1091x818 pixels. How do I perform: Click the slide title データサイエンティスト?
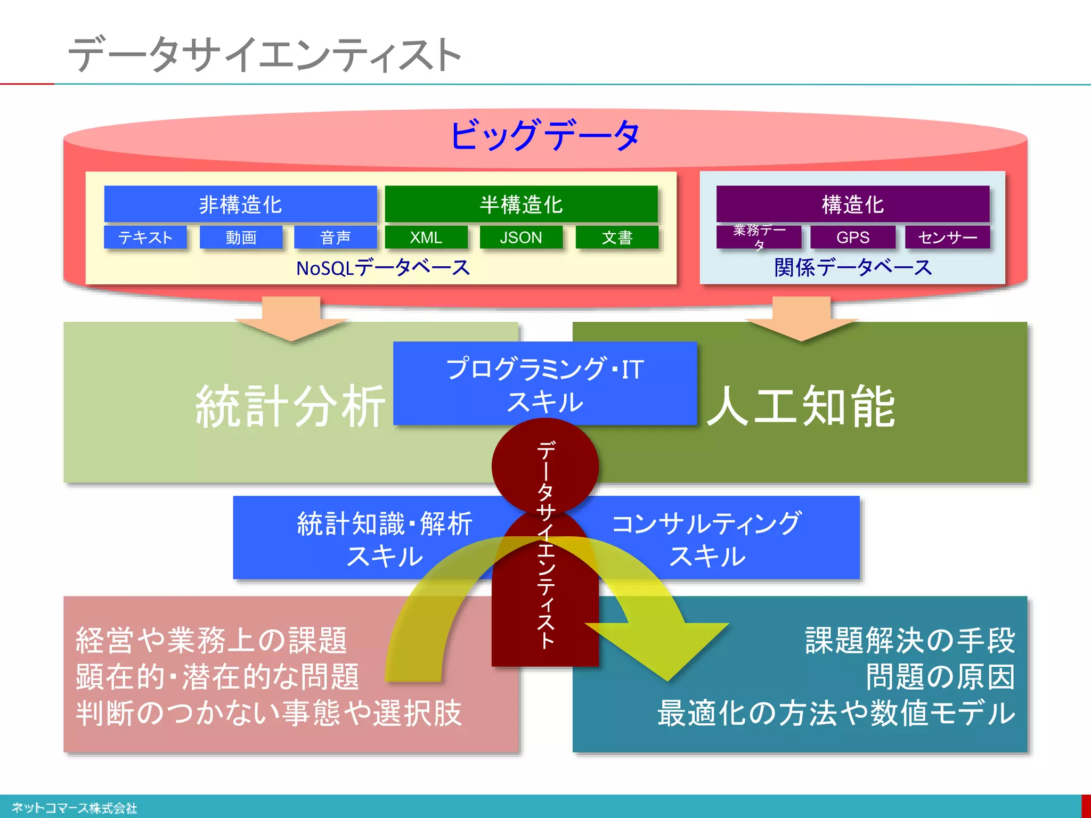(265, 54)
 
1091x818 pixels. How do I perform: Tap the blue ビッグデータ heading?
(544, 135)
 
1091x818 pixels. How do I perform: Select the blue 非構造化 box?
(240, 204)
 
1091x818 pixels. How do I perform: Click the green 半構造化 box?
(521, 204)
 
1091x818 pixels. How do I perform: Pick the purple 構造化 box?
(852, 204)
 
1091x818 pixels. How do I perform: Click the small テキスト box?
(145, 238)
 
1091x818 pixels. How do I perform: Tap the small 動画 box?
(241, 238)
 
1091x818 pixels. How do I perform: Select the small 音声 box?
(336, 238)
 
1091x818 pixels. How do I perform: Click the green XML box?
(426, 238)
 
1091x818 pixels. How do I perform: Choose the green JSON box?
(521, 238)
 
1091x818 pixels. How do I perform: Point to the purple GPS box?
(852, 238)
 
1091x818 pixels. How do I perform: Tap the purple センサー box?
(947, 238)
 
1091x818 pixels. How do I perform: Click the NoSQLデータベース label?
(382, 268)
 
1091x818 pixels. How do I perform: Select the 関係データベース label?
(852, 268)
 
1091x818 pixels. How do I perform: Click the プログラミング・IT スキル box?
(544, 383)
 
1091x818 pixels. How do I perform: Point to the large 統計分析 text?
(290, 407)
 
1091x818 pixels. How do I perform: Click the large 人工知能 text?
(801, 407)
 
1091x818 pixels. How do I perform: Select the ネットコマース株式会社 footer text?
(75, 808)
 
